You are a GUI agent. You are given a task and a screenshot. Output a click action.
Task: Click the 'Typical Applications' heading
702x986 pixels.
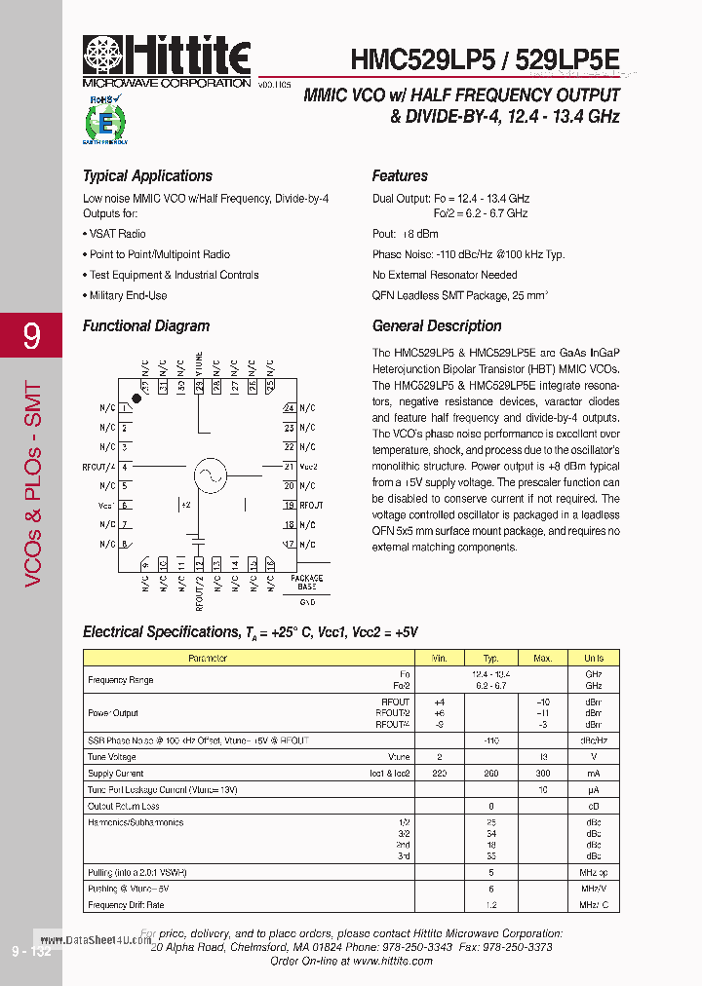point(147,176)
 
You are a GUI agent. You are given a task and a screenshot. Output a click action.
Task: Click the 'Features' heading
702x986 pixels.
point(400,176)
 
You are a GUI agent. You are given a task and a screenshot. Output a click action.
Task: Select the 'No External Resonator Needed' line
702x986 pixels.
point(445,275)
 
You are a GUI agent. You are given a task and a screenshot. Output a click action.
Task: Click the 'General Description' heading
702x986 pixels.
point(437,326)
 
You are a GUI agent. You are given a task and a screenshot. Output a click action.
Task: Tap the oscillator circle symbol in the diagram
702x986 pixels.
point(208,475)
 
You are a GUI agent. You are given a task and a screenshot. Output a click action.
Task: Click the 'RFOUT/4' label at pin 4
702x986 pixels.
point(99,468)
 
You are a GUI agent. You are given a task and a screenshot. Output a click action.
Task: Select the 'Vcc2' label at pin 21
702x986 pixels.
point(309,467)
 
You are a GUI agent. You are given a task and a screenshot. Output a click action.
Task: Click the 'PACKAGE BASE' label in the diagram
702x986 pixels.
point(307,583)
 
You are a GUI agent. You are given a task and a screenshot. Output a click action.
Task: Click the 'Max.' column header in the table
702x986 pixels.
point(542,659)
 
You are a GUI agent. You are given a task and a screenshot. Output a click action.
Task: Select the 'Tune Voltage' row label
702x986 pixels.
point(111,756)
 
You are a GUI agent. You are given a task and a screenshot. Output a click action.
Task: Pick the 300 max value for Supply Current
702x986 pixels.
point(542,773)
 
